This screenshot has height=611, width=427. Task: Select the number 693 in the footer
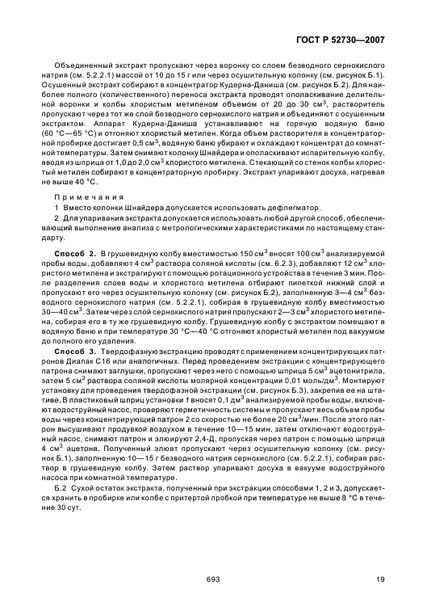(213, 579)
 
